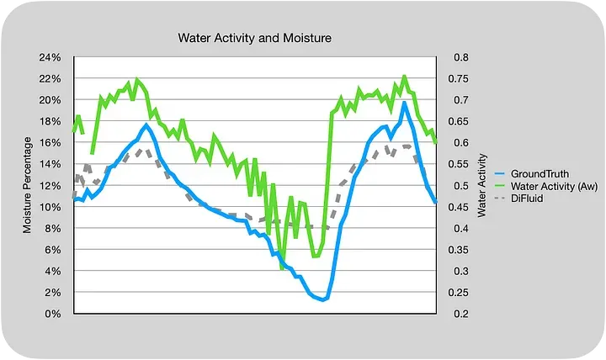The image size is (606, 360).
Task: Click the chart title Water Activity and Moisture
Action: click(x=255, y=39)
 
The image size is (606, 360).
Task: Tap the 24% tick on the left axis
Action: click(x=50, y=58)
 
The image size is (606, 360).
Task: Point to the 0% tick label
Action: click(x=53, y=314)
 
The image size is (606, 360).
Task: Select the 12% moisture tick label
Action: click(x=50, y=186)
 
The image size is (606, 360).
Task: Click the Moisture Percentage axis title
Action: click(x=28, y=185)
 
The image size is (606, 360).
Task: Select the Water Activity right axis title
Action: click(x=481, y=186)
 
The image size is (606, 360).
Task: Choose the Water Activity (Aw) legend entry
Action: click(x=552, y=185)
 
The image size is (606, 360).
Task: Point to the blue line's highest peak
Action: click(x=405, y=103)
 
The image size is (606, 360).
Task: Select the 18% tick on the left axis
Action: click(x=50, y=122)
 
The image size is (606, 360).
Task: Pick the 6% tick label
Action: click(x=53, y=250)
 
